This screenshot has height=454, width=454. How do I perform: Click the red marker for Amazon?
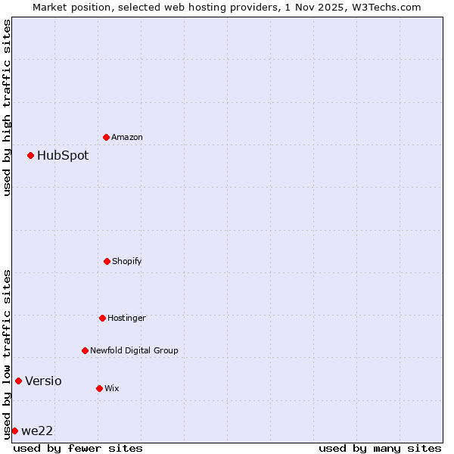click(107, 137)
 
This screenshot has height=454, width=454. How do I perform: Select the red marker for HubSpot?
click(31, 155)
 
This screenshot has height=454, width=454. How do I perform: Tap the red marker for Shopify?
click(107, 261)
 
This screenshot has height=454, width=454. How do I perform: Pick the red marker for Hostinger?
click(102, 318)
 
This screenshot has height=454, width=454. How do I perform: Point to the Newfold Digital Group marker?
click(85, 350)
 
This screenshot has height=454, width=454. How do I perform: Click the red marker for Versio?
click(19, 381)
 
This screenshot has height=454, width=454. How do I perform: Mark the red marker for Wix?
click(99, 388)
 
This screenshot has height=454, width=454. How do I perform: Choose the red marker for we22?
click(14, 431)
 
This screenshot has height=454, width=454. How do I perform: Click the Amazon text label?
click(127, 137)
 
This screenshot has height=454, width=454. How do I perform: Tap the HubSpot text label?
click(63, 155)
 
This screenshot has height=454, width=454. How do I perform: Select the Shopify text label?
click(127, 261)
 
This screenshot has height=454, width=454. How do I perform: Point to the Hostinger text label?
click(126, 318)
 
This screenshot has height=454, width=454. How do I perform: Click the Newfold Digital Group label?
click(134, 350)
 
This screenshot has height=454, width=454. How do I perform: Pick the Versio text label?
click(43, 381)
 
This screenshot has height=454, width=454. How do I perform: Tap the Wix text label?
click(112, 388)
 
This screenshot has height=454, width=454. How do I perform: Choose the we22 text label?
click(37, 431)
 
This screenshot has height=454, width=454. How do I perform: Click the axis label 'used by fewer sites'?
click(78, 448)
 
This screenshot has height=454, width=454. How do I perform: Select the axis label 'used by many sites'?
click(380, 448)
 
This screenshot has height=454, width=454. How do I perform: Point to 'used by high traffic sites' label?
click(7, 107)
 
